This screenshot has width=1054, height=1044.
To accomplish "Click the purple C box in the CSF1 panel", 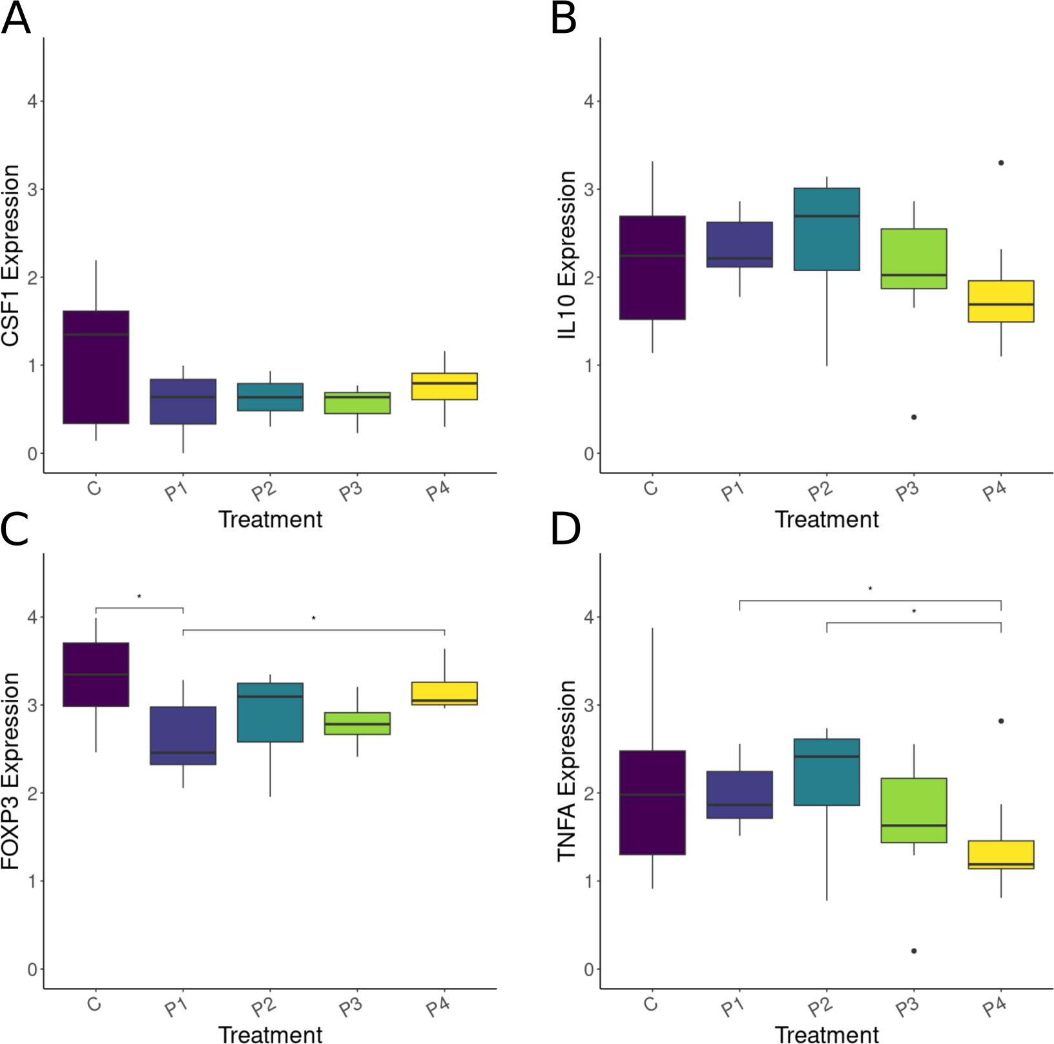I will [96, 367].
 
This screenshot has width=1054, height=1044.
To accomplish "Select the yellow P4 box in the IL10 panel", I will [1001, 301].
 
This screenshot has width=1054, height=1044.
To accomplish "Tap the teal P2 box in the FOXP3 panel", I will [270, 712].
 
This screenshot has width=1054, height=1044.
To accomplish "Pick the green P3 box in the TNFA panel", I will [914, 810].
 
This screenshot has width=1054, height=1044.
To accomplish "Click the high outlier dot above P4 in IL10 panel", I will [1001, 163].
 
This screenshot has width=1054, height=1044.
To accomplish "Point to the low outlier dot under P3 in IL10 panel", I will [914, 417].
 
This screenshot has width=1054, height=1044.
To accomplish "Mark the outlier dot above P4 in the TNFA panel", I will [1001, 721].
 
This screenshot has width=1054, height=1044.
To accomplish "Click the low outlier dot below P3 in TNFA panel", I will [914, 951].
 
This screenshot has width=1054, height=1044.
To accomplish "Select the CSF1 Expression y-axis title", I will [11, 255].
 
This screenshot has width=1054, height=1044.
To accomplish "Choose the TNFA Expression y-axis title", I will [567, 770].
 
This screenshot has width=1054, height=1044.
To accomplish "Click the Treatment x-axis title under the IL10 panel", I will [827, 519].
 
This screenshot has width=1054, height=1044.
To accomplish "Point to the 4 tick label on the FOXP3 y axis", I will [32, 617].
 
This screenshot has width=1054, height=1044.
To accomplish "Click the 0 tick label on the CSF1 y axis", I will [32, 454].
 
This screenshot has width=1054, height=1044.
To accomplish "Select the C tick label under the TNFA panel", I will [651, 1004].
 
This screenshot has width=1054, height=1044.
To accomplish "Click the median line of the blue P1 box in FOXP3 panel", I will [183, 753].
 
